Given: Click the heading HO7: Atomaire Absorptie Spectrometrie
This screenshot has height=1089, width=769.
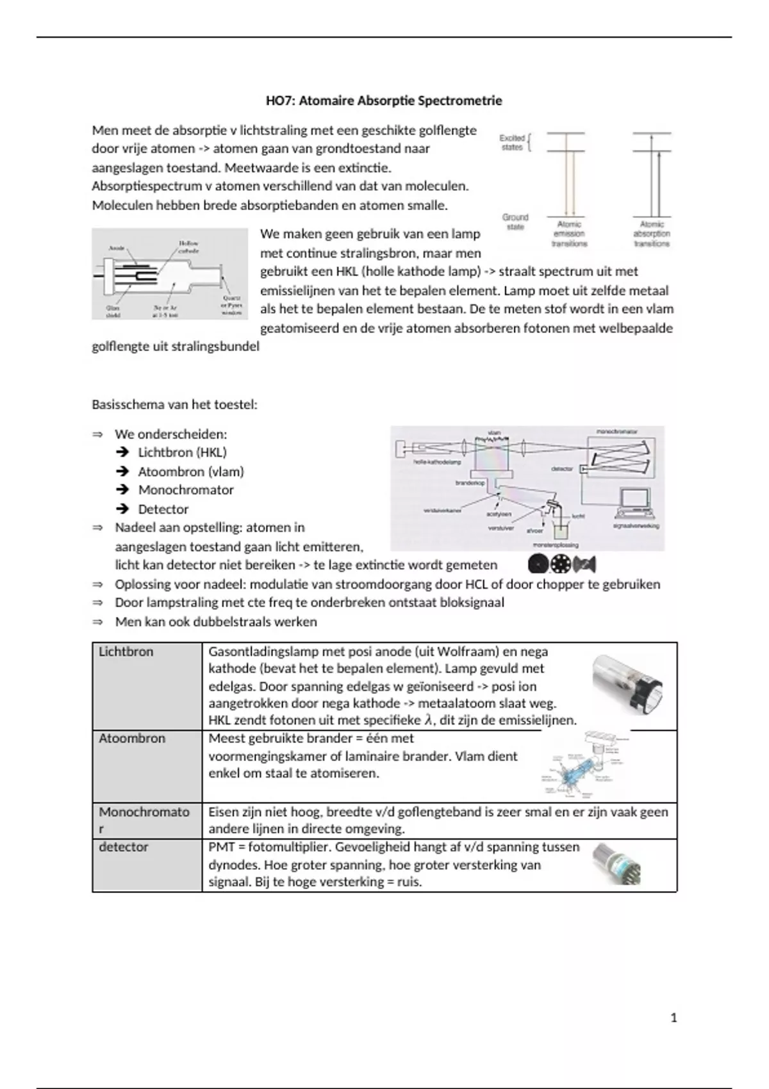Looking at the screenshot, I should click(x=384, y=101).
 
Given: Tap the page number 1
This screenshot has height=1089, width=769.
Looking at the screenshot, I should click(x=674, y=1017).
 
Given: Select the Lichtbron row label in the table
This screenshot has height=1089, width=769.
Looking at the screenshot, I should click(x=126, y=651).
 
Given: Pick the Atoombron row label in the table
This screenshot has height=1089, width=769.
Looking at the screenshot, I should click(x=132, y=738).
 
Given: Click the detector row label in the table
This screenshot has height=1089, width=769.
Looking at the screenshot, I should click(x=124, y=847).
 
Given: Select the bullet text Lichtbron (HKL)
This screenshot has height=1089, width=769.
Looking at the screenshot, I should click(x=183, y=452).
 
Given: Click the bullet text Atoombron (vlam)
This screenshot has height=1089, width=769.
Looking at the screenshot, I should click(x=191, y=471).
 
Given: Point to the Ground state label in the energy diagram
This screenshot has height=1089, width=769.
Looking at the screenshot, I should click(x=515, y=222).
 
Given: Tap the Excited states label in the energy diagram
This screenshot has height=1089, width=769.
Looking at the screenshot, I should click(x=512, y=142).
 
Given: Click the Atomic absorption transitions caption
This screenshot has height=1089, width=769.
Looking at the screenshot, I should click(x=652, y=234).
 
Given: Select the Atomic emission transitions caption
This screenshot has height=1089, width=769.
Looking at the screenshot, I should click(x=569, y=234).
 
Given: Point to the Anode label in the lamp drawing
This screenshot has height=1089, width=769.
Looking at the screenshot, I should click(x=117, y=247).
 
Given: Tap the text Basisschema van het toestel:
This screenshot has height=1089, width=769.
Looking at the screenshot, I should click(x=174, y=405).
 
